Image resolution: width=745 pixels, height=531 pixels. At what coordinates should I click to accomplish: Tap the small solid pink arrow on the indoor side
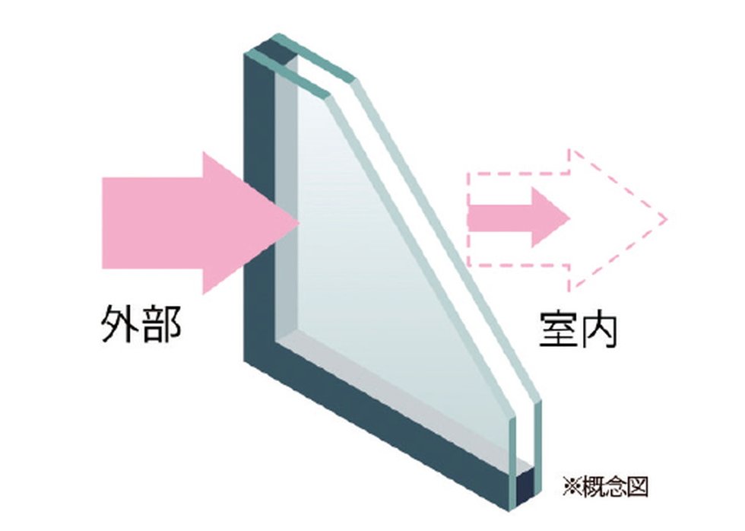pyautogui.click(x=518, y=218)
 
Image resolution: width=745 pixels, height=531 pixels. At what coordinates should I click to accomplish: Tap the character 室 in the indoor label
pyautogui.click(x=558, y=329)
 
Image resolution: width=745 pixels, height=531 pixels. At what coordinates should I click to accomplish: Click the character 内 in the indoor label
pyautogui.click(x=598, y=329)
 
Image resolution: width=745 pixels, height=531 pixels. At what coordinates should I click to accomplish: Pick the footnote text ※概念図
pyautogui.click(x=605, y=486)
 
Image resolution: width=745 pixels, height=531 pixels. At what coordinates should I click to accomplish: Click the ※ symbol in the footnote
pyautogui.click(x=572, y=487)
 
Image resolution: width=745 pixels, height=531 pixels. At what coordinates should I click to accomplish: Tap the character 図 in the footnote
pyautogui.click(x=637, y=486)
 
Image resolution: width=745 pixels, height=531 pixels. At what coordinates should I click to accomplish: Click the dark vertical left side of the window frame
pyautogui.click(x=259, y=205)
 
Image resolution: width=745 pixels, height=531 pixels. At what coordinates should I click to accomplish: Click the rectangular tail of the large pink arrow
pyautogui.click(x=153, y=223)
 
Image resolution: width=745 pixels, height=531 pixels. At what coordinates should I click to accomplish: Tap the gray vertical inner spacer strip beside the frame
pyautogui.click(x=286, y=205)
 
